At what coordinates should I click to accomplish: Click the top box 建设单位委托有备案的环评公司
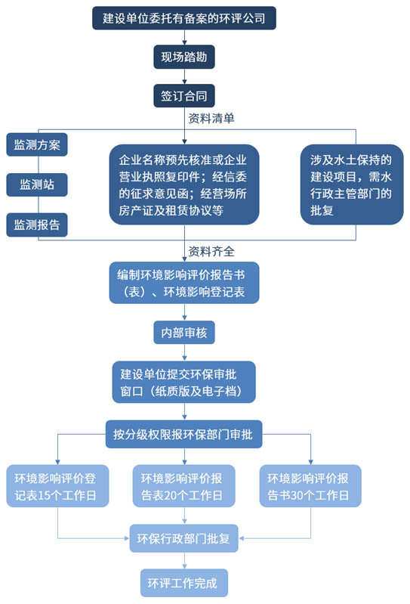point(183,17)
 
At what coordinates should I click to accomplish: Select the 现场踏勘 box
point(183,57)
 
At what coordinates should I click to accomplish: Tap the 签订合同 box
point(183,97)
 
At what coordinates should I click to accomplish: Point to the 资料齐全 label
point(211,251)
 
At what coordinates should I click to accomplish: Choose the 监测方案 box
point(38,144)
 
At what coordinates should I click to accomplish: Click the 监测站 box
point(38,184)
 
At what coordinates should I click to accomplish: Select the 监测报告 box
point(38,225)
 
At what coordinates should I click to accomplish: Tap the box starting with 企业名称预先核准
point(183,185)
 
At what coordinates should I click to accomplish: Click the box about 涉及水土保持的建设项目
point(350,185)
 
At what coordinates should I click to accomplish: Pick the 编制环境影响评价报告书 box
point(183,282)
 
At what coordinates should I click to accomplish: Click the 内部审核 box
point(183,331)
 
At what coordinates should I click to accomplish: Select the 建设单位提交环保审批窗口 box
point(183,382)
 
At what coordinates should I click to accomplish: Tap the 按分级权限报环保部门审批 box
point(183,434)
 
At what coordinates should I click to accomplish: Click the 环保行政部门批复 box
point(183,539)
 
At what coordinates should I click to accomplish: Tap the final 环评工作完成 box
point(183,584)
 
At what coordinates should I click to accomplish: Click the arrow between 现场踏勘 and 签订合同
point(183,76)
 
